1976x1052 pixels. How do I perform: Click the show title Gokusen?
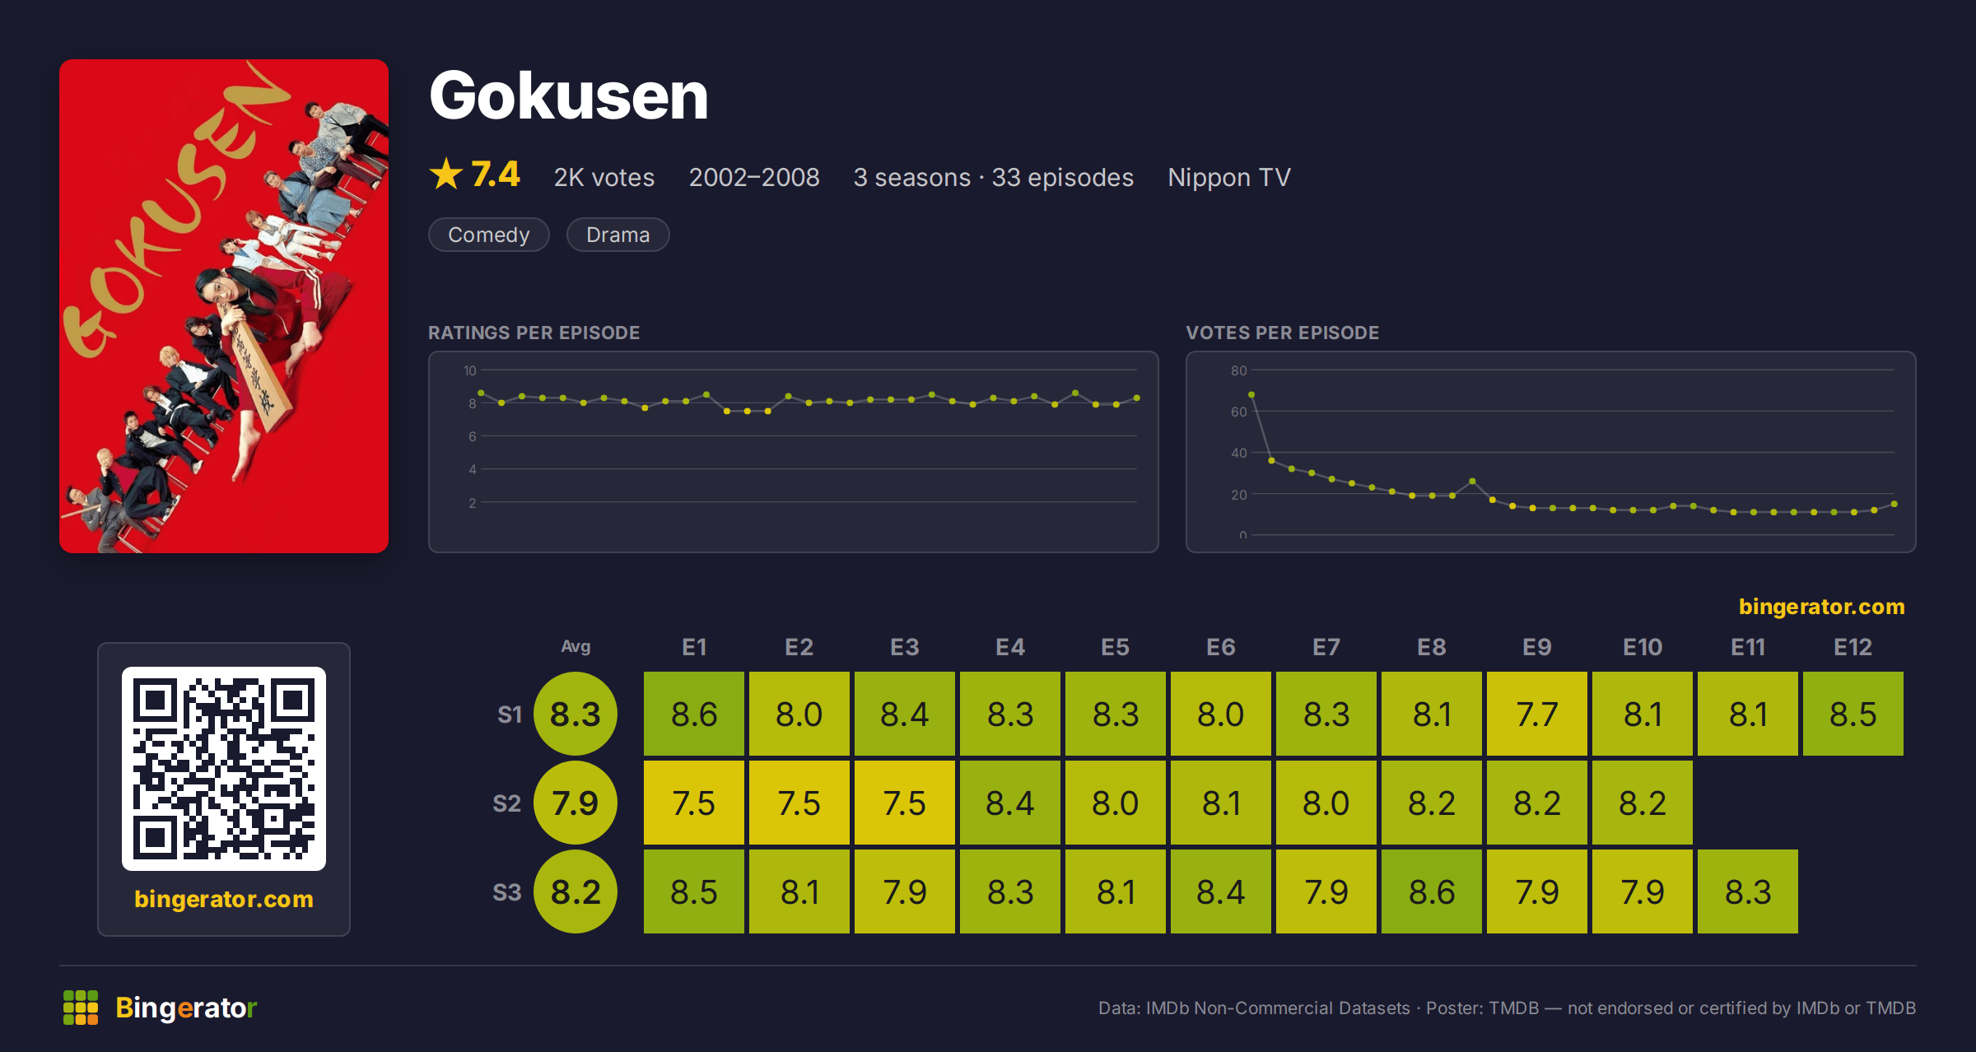[568, 96]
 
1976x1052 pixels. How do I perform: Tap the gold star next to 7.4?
[446, 174]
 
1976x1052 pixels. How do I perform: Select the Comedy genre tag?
[488, 235]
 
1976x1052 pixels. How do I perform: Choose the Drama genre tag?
[617, 235]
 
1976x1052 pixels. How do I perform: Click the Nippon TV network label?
[1228, 177]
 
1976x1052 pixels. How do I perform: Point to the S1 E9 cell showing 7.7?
[1537, 714]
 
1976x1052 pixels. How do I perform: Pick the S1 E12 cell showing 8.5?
[1853, 714]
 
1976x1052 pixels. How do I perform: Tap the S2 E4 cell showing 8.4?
[1010, 803]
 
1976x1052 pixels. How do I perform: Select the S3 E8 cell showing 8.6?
[1432, 891]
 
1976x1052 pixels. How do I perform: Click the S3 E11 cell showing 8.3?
[1748, 891]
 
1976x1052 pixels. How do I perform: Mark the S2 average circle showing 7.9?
[576, 803]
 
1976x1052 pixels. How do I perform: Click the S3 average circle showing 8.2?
[576, 891]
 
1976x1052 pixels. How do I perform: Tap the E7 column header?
[1326, 647]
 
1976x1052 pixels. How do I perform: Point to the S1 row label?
[510, 714]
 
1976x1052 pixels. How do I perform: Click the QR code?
[224, 769]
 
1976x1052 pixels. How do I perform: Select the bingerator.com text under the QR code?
[224, 899]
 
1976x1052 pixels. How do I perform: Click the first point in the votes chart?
[1251, 395]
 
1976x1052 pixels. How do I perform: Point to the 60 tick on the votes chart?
[1239, 412]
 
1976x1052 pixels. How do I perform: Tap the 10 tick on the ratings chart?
[470, 370]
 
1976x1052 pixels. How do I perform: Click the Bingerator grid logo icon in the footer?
[81, 1008]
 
